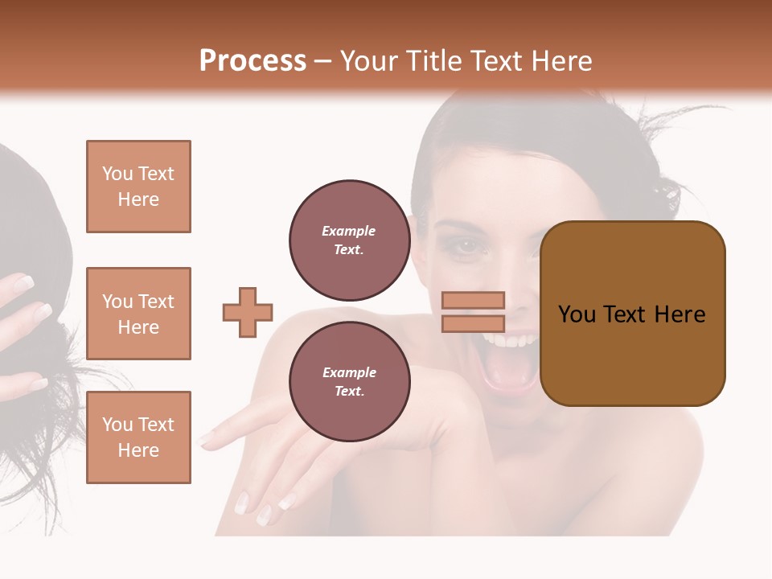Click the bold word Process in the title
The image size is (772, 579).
pyautogui.click(x=253, y=61)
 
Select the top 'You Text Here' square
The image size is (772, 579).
pyautogui.click(x=138, y=187)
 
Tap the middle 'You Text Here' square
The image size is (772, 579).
pyautogui.click(x=138, y=314)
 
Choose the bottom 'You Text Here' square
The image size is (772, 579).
pyautogui.click(x=138, y=437)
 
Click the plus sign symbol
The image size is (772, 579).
pyautogui.click(x=248, y=312)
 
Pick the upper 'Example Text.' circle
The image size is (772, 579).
pyautogui.click(x=349, y=240)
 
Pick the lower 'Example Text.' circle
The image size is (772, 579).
pyautogui.click(x=349, y=382)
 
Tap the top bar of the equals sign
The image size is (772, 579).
pyautogui.click(x=473, y=301)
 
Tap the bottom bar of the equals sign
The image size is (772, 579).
pyautogui.click(x=473, y=323)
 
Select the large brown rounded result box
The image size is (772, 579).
pyautogui.click(x=632, y=314)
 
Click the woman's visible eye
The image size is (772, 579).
pyautogui.click(x=466, y=248)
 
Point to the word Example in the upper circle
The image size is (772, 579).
pyautogui.click(x=349, y=231)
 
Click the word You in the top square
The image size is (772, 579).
pyautogui.click(x=117, y=174)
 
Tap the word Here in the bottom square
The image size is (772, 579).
pyautogui.click(x=138, y=450)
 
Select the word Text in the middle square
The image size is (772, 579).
pyautogui.click(x=156, y=302)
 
